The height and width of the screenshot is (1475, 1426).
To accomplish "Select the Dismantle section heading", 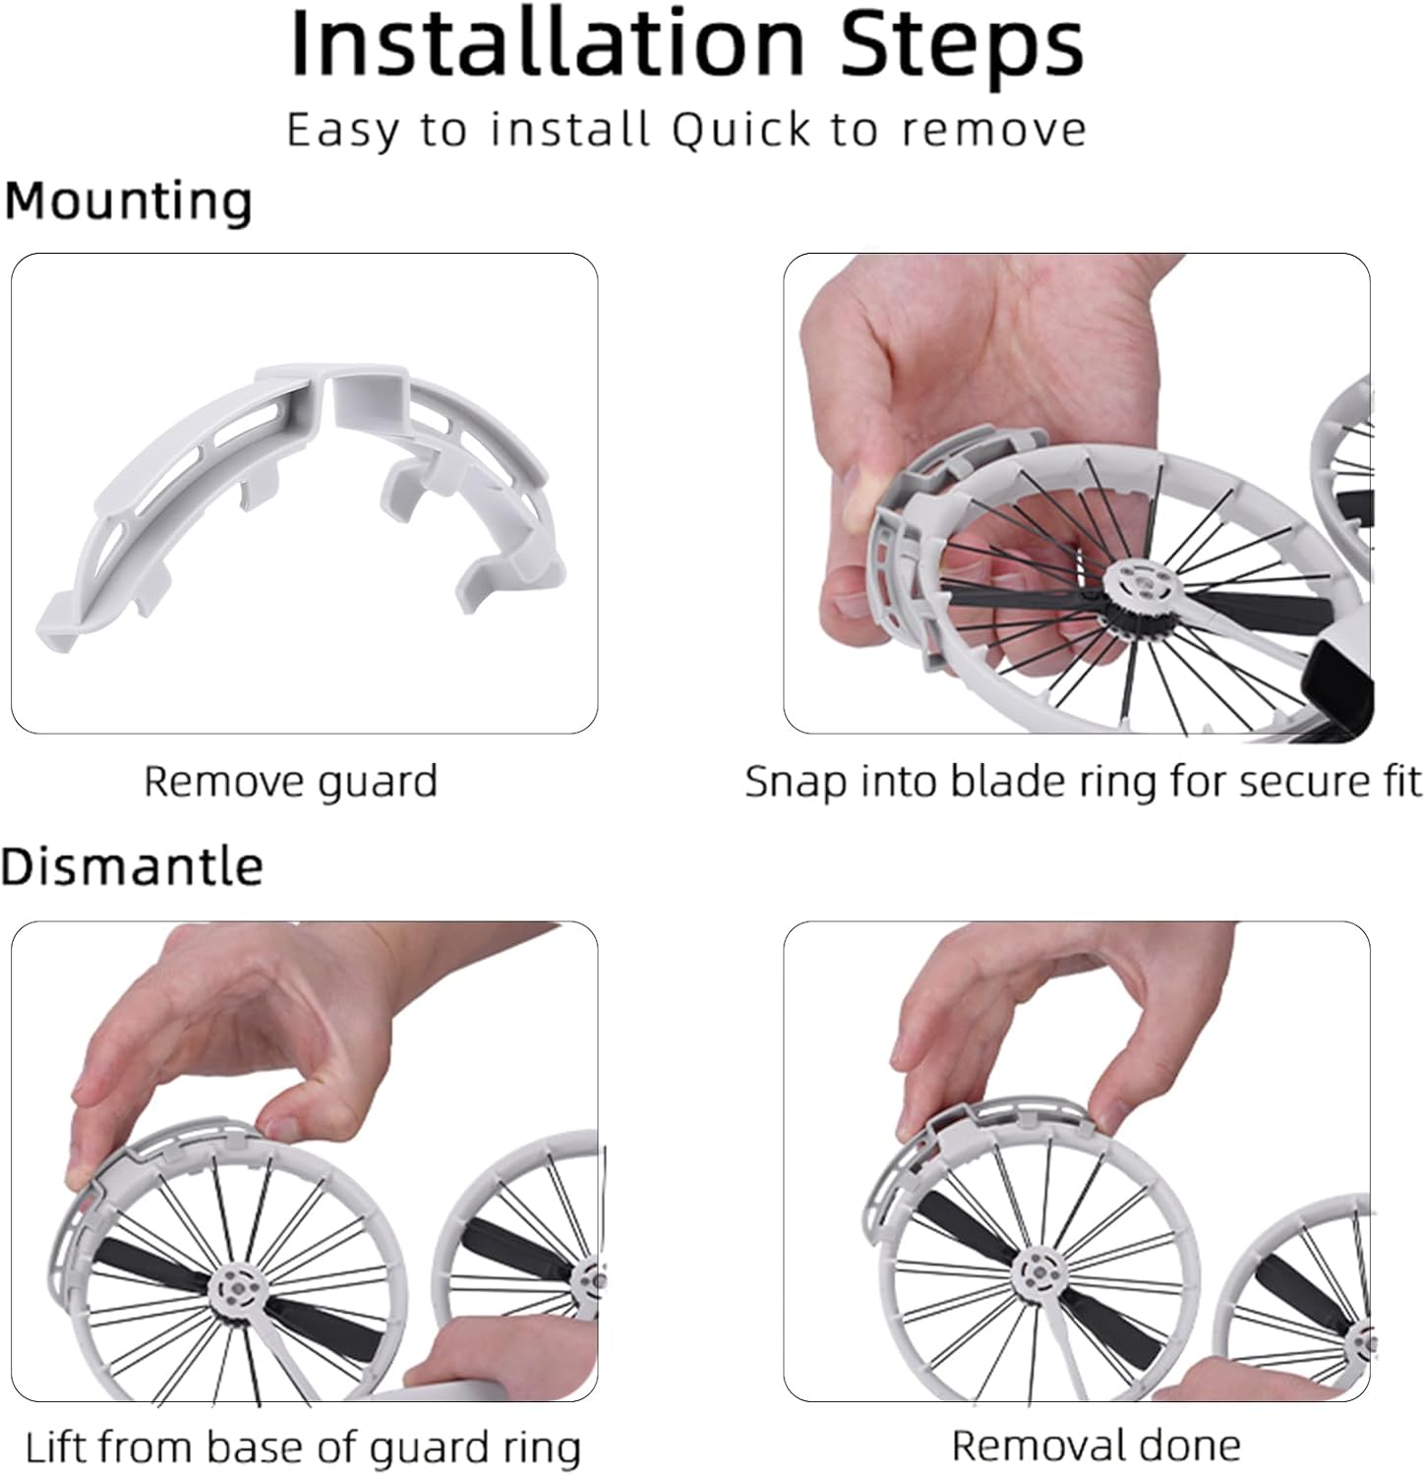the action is [132, 866].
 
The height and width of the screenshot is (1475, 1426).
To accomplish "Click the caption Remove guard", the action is [290, 783].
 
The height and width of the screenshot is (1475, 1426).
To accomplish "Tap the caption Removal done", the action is [1097, 1445].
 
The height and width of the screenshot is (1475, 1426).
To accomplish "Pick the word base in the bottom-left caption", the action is [280, 1447].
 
